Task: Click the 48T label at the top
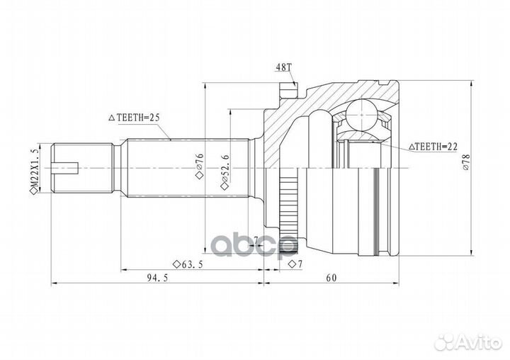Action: [x=283, y=69]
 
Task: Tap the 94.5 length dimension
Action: [x=148, y=277]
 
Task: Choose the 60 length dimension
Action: [x=331, y=277]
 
